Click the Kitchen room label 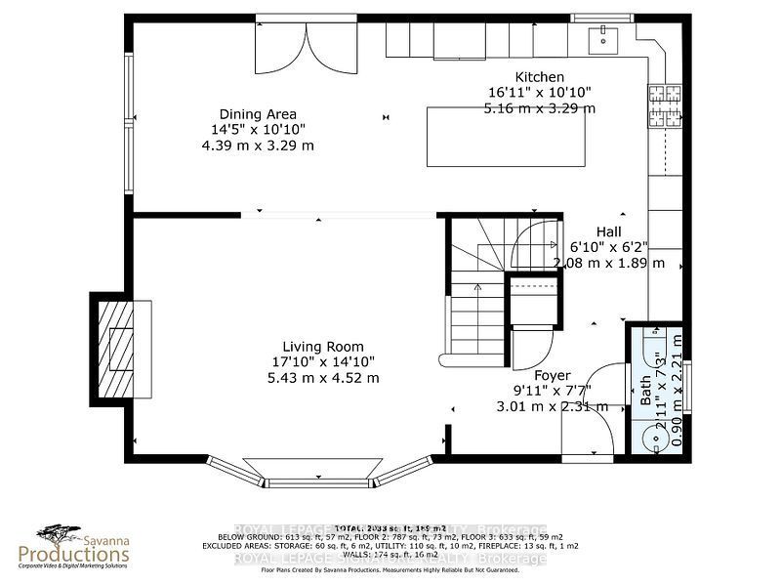(x=539, y=77)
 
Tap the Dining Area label (x=258, y=114)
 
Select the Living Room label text (x=323, y=347)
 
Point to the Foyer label (x=553, y=375)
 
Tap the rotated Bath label (x=645, y=392)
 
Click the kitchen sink (x=602, y=38)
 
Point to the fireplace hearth (x=123, y=348)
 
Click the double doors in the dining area (x=307, y=47)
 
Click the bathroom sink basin (x=651, y=436)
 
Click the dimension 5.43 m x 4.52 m (x=323, y=378)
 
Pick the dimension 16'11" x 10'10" (x=539, y=93)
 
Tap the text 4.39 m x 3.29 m (x=258, y=146)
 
